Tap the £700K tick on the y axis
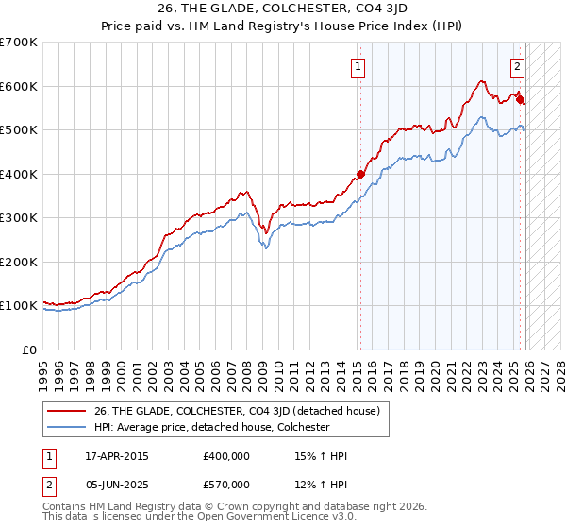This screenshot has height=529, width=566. click(19, 43)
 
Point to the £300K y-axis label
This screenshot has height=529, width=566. click(19, 218)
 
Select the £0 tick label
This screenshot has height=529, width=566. click(30, 350)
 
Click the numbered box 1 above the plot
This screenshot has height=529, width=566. click(359, 66)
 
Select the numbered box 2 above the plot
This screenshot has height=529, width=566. click(518, 66)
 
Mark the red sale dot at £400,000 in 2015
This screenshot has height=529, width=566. click(360, 174)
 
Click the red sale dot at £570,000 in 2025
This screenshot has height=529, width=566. click(520, 99)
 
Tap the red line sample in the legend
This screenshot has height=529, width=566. click(68, 411)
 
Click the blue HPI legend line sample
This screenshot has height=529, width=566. click(68, 427)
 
